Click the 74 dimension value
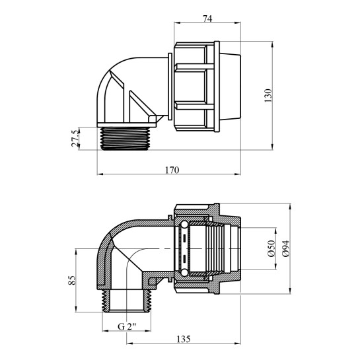click(x=207, y=18)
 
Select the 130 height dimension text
click(x=268, y=95)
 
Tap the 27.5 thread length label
click(x=75, y=138)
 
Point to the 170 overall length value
click(x=172, y=170)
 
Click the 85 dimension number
click(x=72, y=280)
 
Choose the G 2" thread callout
click(x=127, y=326)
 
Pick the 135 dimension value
click(x=184, y=339)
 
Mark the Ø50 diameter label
click(x=271, y=248)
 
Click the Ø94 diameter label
click(x=286, y=248)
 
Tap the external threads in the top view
click(x=126, y=139)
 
